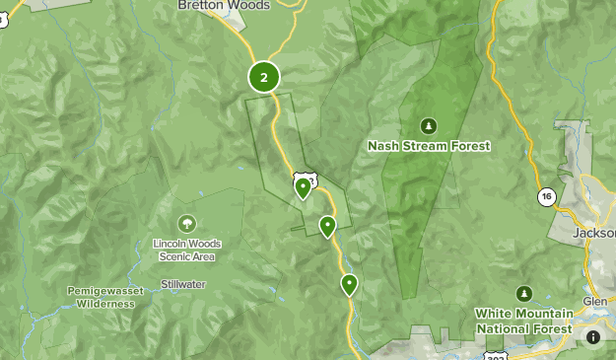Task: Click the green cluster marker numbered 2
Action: (263, 76)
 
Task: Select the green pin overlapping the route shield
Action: (304, 187)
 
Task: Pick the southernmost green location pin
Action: (349, 284)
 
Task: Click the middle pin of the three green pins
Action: (327, 226)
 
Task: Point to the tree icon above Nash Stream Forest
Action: (428, 125)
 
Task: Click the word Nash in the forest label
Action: (382, 146)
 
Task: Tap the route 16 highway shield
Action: (546, 197)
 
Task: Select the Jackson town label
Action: (593, 233)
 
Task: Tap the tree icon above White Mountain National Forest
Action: (523, 293)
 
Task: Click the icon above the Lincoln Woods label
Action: (186, 224)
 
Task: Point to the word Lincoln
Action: (172, 244)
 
